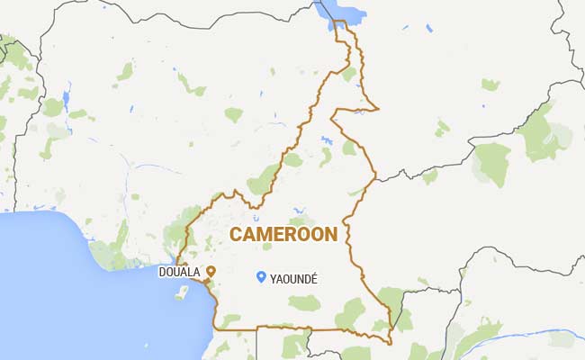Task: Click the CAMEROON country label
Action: pyautogui.click(x=283, y=235)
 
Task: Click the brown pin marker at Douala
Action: pyautogui.click(x=211, y=271)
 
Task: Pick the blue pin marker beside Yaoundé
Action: pyautogui.click(x=260, y=277)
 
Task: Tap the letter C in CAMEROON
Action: pyautogui.click(x=237, y=235)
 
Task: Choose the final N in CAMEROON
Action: pyautogui.click(x=330, y=235)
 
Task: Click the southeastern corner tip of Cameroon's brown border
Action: pyautogui.click(x=391, y=343)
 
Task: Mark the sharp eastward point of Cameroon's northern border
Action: pyautogui.click(x=379, y=109)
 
